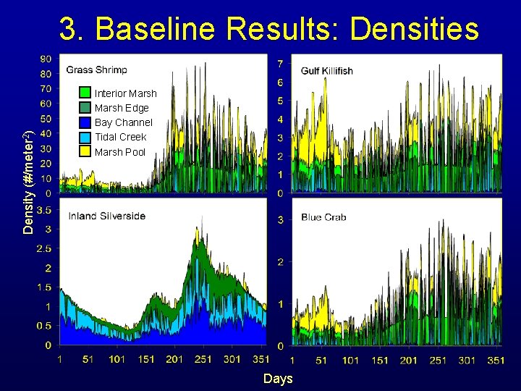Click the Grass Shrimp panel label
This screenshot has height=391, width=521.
click(97, 70)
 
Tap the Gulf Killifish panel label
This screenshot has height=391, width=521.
click(327, 71)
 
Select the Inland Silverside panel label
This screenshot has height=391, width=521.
click(107, 216)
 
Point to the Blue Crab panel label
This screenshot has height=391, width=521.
click(324, 217)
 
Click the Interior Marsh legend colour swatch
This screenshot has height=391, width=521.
click(85, 93)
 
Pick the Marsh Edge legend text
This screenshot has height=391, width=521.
click(122, 108)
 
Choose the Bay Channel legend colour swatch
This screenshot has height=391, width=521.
click(85, 122)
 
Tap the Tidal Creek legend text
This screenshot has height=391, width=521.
click(120, 137)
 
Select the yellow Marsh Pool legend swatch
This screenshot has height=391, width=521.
click(85, 151)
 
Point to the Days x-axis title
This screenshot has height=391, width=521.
click(278, 379)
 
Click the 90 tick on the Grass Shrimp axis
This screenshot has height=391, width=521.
click(45, 59)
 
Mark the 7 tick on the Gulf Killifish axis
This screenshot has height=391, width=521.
click(280, 64)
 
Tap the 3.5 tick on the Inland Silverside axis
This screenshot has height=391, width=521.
click(43, 211)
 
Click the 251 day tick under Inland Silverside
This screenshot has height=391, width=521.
click(203, 359)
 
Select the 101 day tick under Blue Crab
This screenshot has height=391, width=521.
click(350, 360)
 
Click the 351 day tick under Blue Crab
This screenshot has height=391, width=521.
click(496, 360)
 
